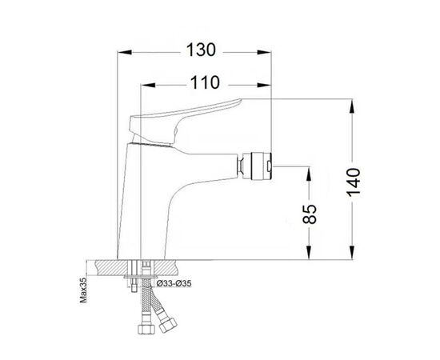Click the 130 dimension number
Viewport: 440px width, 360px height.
[x=201, y=50]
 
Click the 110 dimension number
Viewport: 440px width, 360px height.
[x=205, y=82]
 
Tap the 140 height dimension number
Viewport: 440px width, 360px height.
[x=353, y=182]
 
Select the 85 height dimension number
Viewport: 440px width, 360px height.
[x=310, y=214]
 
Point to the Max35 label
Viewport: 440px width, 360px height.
[x=83, y=290]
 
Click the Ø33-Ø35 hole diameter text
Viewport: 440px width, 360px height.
[x=174, y=284]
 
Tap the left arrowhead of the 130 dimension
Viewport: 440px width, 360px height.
[x=125, y=53]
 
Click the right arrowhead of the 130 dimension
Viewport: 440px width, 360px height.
[x=264, y=53]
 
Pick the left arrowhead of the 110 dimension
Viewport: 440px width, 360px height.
[x=148, y=85]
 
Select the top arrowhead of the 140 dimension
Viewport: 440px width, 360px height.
[x=353, y=106]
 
